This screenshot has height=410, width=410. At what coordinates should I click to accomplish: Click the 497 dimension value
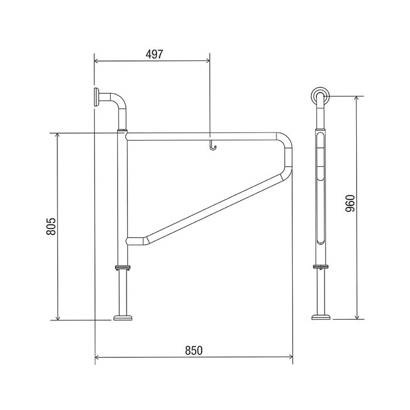pyautogui.click(x=154, y=54)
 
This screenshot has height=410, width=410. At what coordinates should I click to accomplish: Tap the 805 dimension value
pyautogui.click(x=52, y=226)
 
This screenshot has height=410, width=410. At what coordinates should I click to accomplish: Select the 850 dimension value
pyautogui.click(x=194, y=351)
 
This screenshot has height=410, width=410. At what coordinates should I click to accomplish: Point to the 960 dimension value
pyautogui.click(x=350, y=203)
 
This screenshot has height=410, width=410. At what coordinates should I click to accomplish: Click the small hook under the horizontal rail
pyautogui.click(x=213, y=146)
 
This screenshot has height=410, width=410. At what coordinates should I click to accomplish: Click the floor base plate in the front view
pyautogui.click(x=123, y=317)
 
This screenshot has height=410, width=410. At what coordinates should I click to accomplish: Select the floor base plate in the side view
pyautogui.click(x=321, y=317)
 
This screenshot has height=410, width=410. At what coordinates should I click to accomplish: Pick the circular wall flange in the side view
pyautogui.click(x=320, y=95)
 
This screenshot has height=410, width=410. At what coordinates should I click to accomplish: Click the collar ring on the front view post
pyautogui.click(x=122, y=268)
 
